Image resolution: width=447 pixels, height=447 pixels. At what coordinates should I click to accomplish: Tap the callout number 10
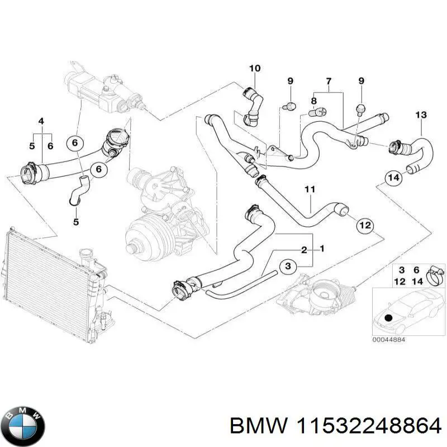coord(254,69)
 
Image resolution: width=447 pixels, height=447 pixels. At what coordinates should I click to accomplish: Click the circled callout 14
coord(393,178)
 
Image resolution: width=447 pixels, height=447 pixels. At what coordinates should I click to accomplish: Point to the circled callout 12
coord(364,226)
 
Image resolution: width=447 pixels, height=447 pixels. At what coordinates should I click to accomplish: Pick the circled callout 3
coord(287,267)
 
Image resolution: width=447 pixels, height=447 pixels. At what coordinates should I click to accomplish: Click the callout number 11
coord(310,190)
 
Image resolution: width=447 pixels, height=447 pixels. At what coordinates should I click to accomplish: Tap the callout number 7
coord(329,82)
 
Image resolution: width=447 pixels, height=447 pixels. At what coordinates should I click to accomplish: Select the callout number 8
coord(313,101)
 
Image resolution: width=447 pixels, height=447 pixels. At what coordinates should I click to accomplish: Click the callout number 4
coord(41,121)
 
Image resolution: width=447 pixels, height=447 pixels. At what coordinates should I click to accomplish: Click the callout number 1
coord(322,248)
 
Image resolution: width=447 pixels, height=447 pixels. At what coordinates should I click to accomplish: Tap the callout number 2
coord(304,249)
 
